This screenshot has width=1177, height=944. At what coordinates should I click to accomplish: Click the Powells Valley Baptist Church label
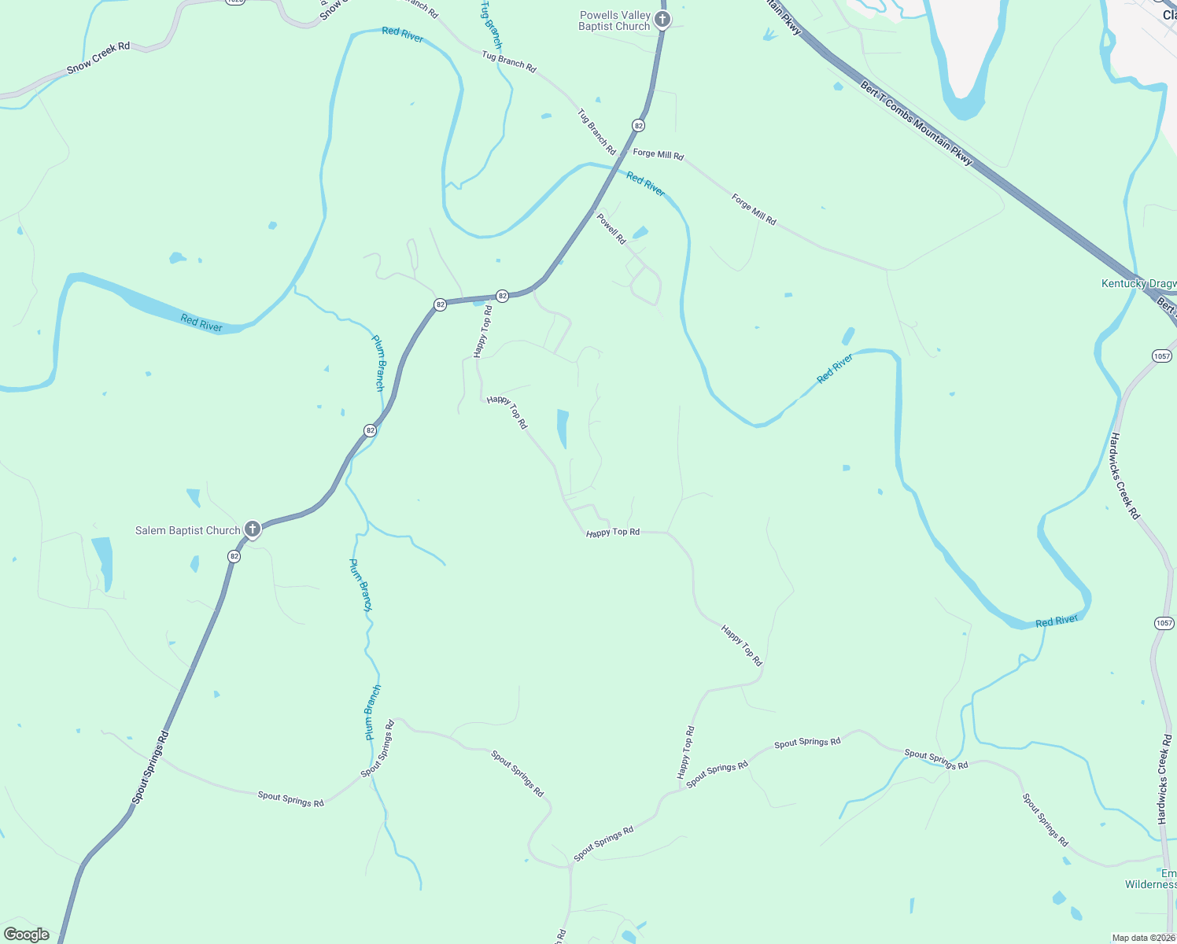pyautogui.click(x=614, y=20)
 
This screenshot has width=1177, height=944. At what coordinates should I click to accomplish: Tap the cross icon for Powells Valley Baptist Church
pyautogui.click(x=662, y=19)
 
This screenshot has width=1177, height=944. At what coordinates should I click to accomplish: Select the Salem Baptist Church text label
pyautogui.click(x=187, y=530)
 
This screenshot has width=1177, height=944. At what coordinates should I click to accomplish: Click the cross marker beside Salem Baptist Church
pyautogui.click(x=252, y=529)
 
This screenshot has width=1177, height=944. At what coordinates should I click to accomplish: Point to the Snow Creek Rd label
pyautogui.click(x=98, y=58)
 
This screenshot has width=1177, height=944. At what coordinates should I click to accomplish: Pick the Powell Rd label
pyautogui.click(x=611, y=228)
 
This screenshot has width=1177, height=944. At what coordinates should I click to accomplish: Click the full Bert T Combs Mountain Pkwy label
pyautogui.click(x=917, y=123)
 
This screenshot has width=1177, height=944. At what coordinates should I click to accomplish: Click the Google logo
pyautogui.click(x=27, y=935)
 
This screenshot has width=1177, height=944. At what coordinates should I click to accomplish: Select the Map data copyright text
pyautogui.click(x=1143, y=938)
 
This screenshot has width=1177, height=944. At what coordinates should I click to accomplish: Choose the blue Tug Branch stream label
pyautogui.click(x=491, y=24)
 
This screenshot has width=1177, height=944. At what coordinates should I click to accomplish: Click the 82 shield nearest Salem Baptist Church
pyautogui.click(x=234, y=556)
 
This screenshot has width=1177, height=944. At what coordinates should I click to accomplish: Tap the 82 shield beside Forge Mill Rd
pyautogui.click(x=638, y=125)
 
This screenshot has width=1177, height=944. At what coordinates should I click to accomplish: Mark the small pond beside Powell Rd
pyautogui.click(x=640, y=233)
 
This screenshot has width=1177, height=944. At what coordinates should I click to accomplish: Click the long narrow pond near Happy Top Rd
pyautogui.click(x=563, y=428)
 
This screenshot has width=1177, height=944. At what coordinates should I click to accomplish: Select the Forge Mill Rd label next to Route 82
pyautogui.click(x=659, y=154)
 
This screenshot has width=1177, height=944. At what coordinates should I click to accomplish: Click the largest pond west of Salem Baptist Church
pyautogui.click(x=102, y=560)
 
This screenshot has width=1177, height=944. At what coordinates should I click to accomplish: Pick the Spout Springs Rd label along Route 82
pyautogui.click(x=151, y=768)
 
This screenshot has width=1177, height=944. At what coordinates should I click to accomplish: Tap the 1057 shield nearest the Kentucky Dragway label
pyautogui.click(x=1162, y=356)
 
